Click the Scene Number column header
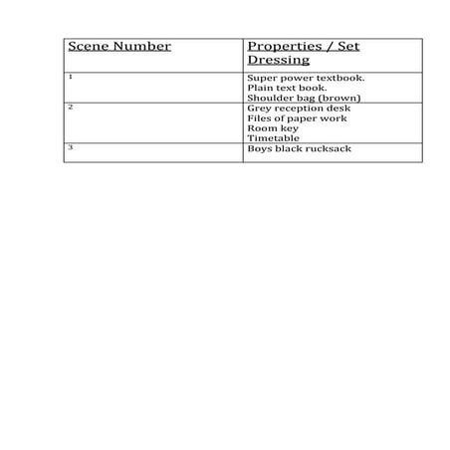coord(119,46)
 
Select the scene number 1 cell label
coord(70,76)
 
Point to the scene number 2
coord(70,106)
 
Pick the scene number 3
coord(70,146)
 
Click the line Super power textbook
coord(306,77)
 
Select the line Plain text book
coord(288,88)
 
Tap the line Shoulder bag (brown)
coord(303,98)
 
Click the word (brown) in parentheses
coord(337,98)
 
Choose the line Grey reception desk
coord(299,108)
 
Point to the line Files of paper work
coord(297,118)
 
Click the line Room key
coord(272,128)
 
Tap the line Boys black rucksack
coord(299,148)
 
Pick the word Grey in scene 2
coord(258,108)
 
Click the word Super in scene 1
coord(260,77)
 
